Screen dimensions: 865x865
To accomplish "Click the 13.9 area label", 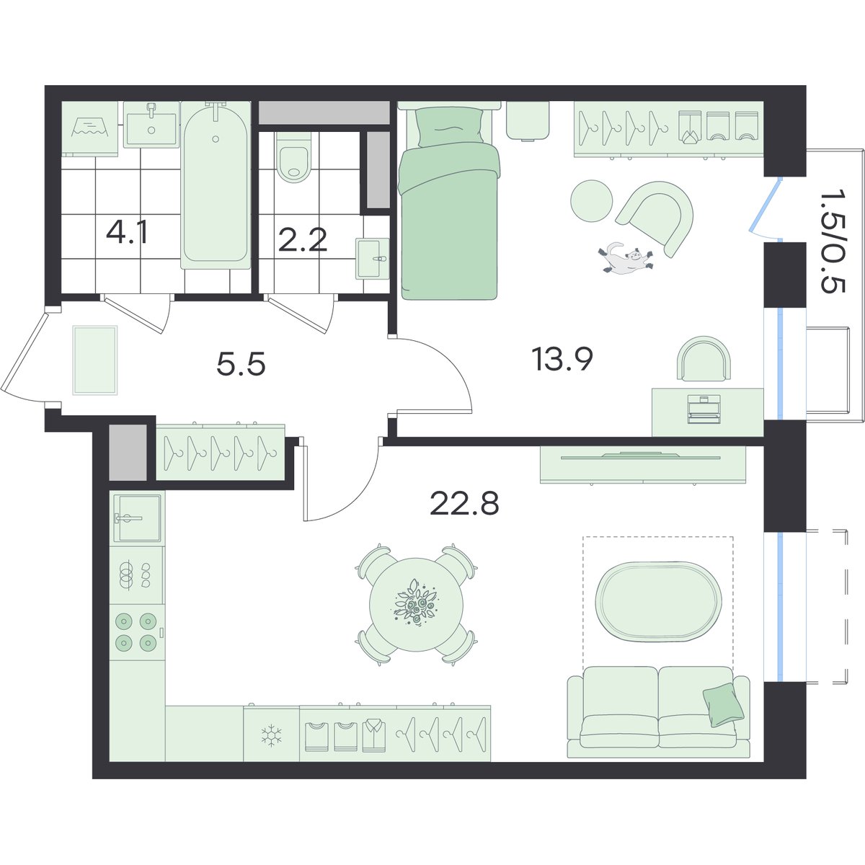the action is [x=562, y=359].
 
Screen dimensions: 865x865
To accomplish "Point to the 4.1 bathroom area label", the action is [x=127, y=233].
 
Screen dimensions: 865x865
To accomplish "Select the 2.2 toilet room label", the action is [x=302, y=240].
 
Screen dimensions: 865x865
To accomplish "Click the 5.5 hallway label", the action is [x=241, y=363].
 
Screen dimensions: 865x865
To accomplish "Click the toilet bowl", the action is [x=294, y=157].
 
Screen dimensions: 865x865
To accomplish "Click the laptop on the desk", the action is [x=704, y=409].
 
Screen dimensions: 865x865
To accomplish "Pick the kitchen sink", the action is [x=137, y=518].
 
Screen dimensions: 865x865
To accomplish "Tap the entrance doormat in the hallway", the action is [x=95, y=360].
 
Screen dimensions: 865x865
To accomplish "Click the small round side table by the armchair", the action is [x=592, y=200].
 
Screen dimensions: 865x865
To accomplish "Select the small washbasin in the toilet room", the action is [x=373, y=259].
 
